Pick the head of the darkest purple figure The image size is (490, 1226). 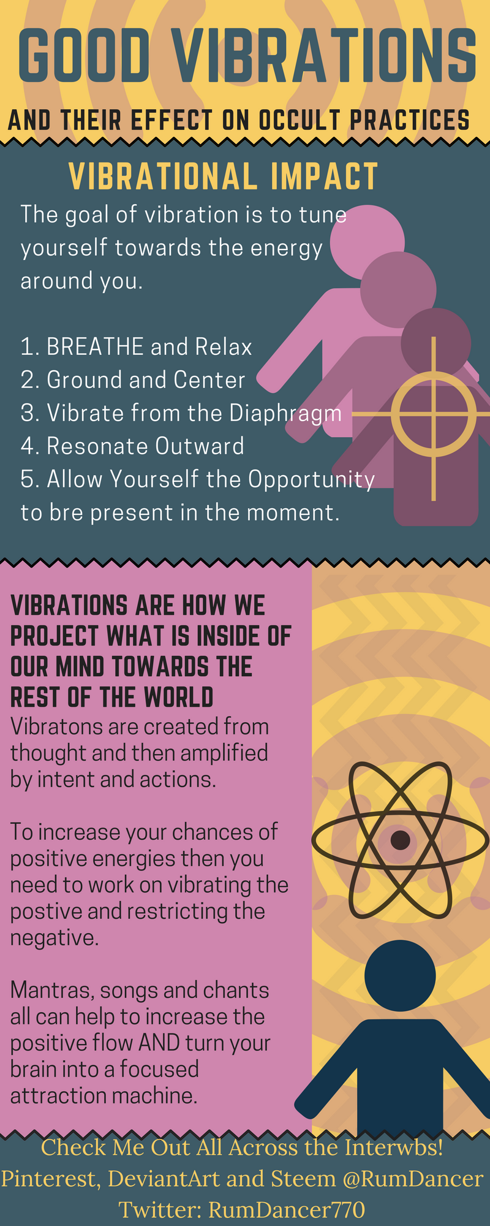tap(436, 342)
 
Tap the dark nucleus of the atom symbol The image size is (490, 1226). tap(401, 839)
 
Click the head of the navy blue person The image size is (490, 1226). tap(400, 975)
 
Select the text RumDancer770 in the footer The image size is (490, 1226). tap(287, 1209)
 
